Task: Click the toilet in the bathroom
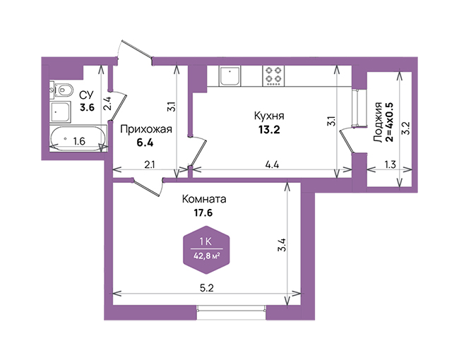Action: click(x=62, y=90)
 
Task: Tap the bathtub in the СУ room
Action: click(x=78, y=138)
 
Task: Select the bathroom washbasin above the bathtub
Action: click(x=61, y=112)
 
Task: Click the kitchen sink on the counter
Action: click(x=229, y=76)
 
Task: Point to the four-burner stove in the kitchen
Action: click(x=274, y=76)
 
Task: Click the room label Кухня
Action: click(x=269, y=116)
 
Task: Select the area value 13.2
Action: click(x=269, y=129)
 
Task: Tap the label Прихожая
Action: click(x=146, y=129)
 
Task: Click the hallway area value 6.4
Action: click(x=145, y=143)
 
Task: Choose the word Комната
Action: click(x=204, y=199)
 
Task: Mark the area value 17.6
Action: click(x=203, y=212)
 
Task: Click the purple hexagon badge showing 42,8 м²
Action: click(x=206, y=250)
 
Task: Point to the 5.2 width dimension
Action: click(x=207, y=288)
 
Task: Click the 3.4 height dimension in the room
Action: click(x=281, y=245)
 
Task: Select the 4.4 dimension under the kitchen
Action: click(x=272, y=164)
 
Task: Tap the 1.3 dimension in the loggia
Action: click(x=390, y=164)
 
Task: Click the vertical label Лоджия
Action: click(x=378, y=122)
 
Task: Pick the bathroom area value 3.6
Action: click(x=88, y=107)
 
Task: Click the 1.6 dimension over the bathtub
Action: click(x=79, y=141)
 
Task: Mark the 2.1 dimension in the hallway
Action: click(x=149, y=164)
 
